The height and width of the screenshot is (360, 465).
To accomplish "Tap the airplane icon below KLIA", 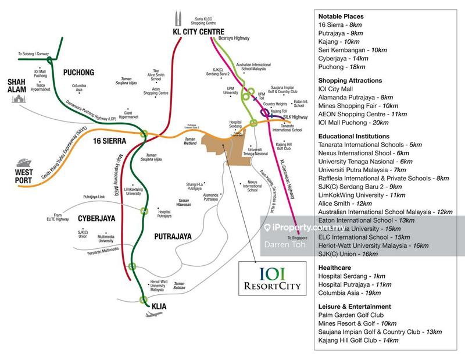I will [152, 314].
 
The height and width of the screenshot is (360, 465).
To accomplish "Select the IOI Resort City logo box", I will [269, 278].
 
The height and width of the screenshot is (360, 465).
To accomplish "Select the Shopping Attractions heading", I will [350, 80].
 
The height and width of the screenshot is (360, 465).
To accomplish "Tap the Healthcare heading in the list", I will [337, 265].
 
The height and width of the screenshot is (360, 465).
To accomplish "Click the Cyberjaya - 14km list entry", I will [344, 58].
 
